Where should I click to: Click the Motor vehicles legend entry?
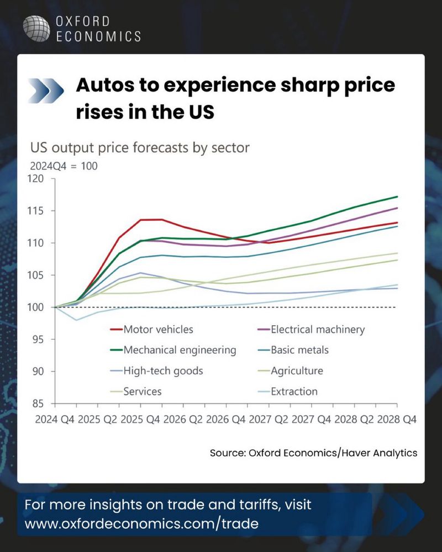pos(158,330)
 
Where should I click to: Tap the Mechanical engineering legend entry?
pos(180,350)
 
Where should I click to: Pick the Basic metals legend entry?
pos(299,350)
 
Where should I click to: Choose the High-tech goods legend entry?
pos(163,371)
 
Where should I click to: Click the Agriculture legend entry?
pos(297,371)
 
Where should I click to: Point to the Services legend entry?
pos(143,391)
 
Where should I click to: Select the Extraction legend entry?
pos(294,391)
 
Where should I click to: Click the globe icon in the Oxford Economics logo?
pos(36,29)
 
